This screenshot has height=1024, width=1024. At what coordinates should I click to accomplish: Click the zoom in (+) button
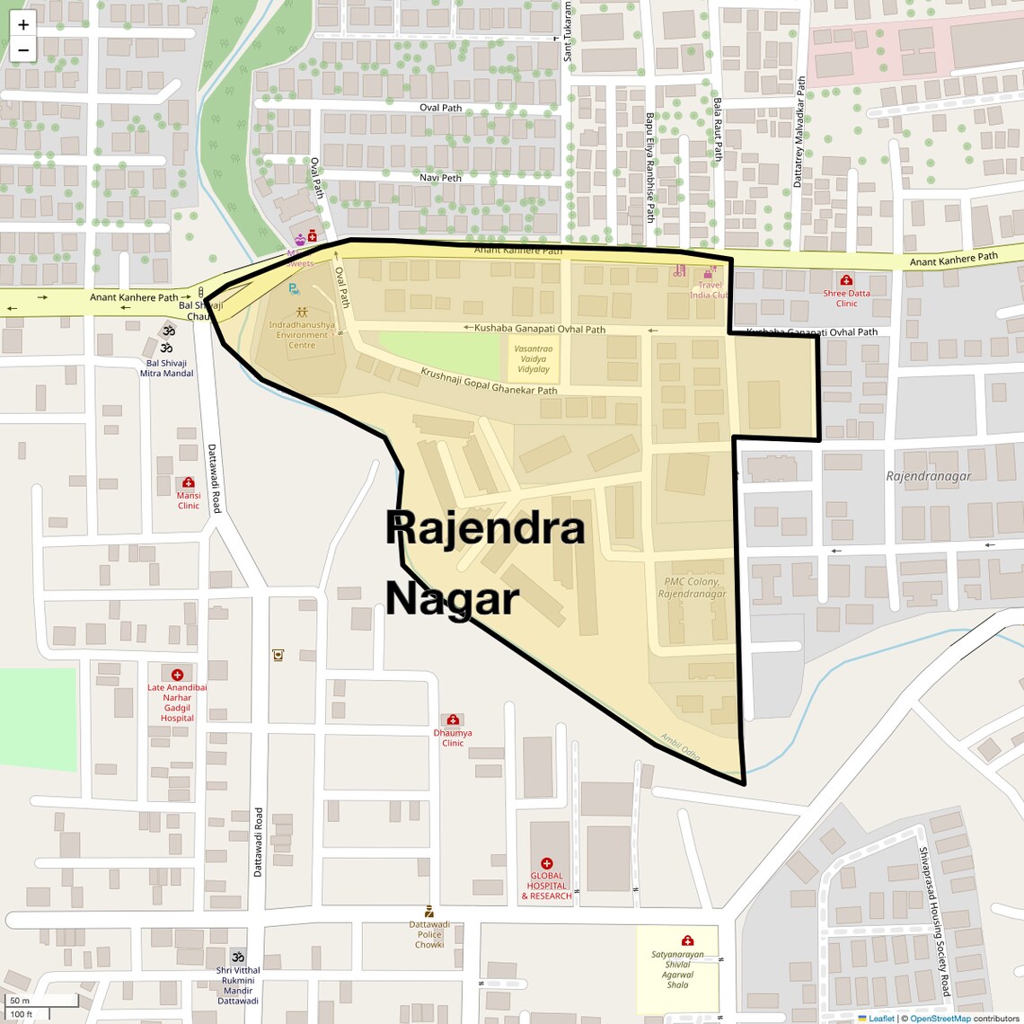(23, 24)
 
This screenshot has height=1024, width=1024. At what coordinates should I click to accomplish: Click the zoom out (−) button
(23, 50)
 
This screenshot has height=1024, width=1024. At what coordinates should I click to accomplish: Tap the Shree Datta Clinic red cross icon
(846, 280)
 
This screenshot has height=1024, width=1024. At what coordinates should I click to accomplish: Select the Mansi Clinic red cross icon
(188, 482)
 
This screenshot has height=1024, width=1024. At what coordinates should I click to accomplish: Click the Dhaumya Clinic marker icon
(453, 719)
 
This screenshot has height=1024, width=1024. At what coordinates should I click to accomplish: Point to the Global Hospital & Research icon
(546, 863)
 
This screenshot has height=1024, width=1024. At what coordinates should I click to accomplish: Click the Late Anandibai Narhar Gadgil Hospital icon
(177, 674)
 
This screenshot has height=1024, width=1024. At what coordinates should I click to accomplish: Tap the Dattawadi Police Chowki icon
(428, 912)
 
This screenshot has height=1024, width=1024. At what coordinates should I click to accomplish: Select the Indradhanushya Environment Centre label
(302, 335)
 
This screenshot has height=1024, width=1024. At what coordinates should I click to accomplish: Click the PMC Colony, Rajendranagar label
(692, 588)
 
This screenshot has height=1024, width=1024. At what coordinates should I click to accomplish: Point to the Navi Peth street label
(440, 178)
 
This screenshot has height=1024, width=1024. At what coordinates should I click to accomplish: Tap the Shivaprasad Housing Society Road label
(934, 921)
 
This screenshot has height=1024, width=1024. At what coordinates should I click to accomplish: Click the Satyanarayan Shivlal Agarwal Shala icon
(687, 940)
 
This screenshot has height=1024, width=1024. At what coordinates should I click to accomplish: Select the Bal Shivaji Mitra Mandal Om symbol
(167, 347)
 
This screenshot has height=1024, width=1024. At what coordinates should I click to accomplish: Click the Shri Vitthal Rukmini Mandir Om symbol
(238, 956)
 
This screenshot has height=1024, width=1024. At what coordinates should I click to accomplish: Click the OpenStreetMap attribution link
(940, 1019)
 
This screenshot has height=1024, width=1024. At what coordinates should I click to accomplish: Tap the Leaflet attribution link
(880, 1019)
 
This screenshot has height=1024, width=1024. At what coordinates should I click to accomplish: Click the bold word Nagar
(453, 598)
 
